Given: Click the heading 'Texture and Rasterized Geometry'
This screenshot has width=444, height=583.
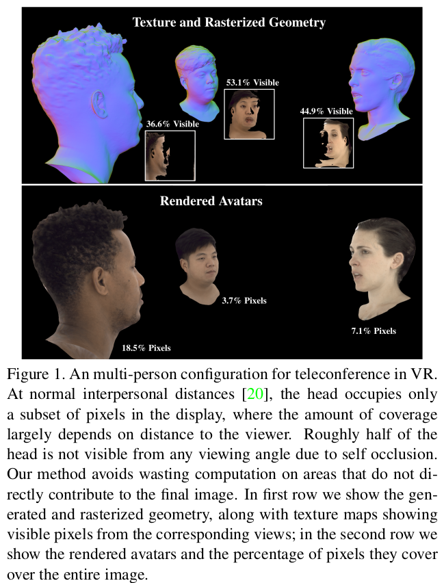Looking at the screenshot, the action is [228, 23].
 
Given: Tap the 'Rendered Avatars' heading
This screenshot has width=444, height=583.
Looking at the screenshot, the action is [211, 201].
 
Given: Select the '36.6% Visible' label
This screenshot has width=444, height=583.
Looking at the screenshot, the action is [172, 124].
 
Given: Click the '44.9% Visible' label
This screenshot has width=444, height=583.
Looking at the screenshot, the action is [326, 111].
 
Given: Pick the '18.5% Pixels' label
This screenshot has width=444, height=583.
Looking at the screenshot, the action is [146, 348].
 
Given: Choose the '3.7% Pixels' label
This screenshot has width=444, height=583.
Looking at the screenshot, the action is [244, 300].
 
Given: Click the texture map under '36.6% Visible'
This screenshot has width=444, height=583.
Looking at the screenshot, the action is [170, 155].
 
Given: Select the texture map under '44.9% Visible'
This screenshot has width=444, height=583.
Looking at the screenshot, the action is [328, 142].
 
